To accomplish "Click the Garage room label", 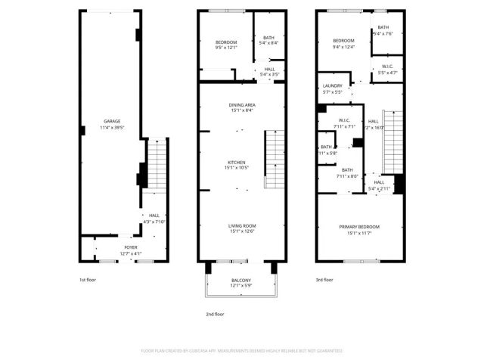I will pos(112,121).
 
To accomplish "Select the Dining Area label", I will pos(242,105).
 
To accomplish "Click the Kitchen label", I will pos(237,163).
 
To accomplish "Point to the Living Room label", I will pos(242,225).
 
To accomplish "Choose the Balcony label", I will pos(241,281).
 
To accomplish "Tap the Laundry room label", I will pos(332,86).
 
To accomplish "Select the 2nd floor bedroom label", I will pos(226,42).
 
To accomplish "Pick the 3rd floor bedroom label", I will pos(343,41).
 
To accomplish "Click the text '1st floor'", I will pos(88,281).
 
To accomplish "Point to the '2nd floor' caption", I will pos(216,314).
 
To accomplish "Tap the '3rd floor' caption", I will pos(324,281).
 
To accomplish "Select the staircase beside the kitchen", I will pos(272,160).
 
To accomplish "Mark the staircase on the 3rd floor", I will pos(392,139).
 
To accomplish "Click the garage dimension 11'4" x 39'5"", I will pos(112,126).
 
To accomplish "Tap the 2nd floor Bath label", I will pos(268,38).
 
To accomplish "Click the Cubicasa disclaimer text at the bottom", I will pos(242,351).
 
